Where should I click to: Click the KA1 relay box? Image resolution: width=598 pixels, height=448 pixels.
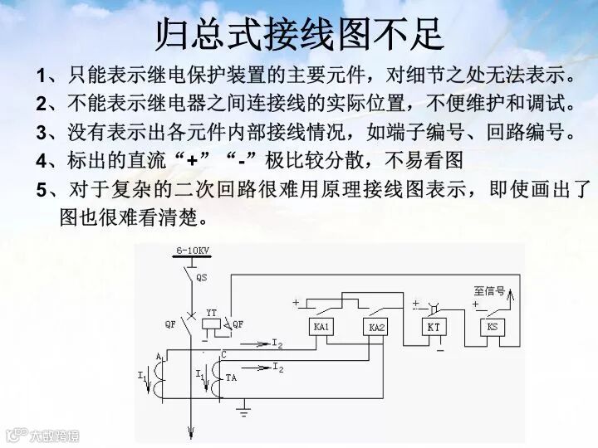[321, 327]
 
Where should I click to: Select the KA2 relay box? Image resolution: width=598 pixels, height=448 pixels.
[377, 328]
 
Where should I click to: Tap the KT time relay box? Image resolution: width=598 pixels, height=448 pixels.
[434, 327]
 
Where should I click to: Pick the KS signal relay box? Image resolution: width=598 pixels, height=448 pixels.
[492, 327]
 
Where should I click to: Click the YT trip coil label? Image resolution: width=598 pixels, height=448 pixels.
[211, 312]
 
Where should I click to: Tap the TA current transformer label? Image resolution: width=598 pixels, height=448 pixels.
[230, 377]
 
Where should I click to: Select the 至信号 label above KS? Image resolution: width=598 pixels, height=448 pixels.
[490, 290]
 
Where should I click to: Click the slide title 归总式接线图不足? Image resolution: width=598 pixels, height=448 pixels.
[299, 33]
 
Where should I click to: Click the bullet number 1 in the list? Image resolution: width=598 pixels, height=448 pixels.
[41, 77]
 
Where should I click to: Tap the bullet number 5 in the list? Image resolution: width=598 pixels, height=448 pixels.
[41, 190]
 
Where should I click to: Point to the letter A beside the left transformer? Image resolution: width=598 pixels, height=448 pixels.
[158, 356]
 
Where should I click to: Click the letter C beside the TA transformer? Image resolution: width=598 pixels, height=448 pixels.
[223, 356]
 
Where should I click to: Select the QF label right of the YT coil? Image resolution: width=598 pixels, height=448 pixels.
[238, 324]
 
